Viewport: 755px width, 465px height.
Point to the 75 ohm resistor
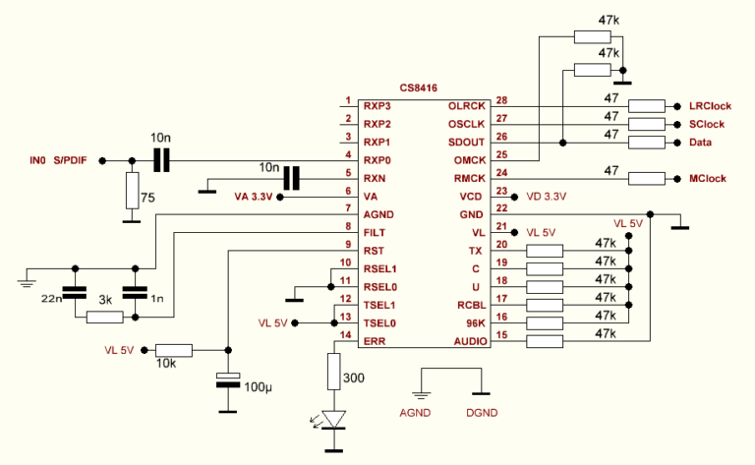coord(132,191)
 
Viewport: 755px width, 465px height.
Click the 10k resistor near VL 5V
coord(174,349)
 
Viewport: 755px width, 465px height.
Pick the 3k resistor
coord(104,317)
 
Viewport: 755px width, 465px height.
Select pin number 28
coord(501,101)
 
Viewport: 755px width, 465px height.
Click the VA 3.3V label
coord(254,197)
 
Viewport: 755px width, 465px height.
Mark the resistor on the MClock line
coord(647,180)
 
